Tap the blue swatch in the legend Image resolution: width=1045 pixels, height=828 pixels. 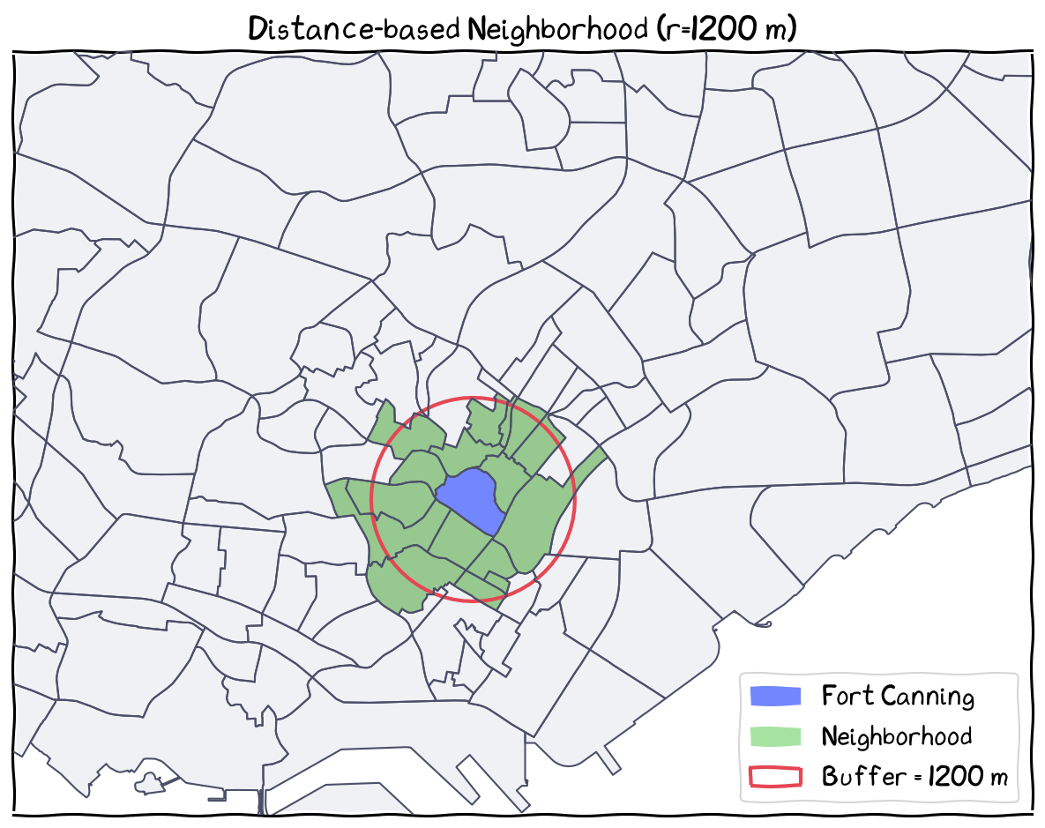click(x=775, y=696)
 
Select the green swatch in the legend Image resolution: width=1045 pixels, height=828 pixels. click(x=775, y=736)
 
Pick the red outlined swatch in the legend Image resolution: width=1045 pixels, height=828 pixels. click(x=775, y=777)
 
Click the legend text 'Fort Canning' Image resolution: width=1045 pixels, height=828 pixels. click(x=898, y=697)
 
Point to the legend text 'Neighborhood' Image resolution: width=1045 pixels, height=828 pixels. click(x=896, y=736)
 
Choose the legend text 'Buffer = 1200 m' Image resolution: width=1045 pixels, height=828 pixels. click(x=914, y=777)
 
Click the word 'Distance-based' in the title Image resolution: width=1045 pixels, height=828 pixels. click(x=353, y=29)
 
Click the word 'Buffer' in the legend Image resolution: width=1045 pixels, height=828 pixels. click(x=852, y=777)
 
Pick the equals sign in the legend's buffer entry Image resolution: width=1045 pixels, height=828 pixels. click(x=901, y=778)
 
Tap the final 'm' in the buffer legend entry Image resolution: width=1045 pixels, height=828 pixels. click(x=998, y=779)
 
